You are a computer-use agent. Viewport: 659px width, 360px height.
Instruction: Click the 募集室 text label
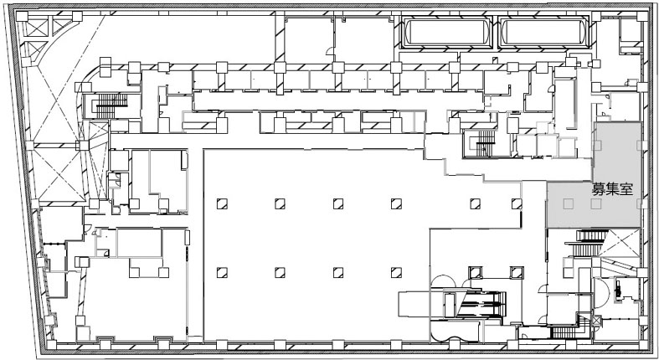(612, 189)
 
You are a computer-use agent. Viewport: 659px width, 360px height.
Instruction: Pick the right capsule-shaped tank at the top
(543, 33)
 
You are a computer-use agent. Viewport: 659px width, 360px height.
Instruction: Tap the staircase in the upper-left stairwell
(111, 105)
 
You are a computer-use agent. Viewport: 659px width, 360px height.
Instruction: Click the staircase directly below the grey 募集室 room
(586, 243)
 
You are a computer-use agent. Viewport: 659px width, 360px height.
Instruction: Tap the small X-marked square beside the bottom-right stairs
(595, 321)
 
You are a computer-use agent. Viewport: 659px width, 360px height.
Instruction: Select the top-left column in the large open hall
(222, 203)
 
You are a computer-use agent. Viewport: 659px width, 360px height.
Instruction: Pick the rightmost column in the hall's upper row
(517, 203)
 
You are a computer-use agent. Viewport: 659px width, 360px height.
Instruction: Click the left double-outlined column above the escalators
(476, 273)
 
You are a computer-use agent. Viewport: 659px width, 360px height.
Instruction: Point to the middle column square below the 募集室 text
(595, 203)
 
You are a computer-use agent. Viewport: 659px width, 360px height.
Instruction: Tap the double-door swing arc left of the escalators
(443, 281)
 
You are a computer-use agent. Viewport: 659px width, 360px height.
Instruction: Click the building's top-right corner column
(642, 17)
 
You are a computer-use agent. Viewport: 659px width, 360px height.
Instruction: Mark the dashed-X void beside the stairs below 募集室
(619, 243)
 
